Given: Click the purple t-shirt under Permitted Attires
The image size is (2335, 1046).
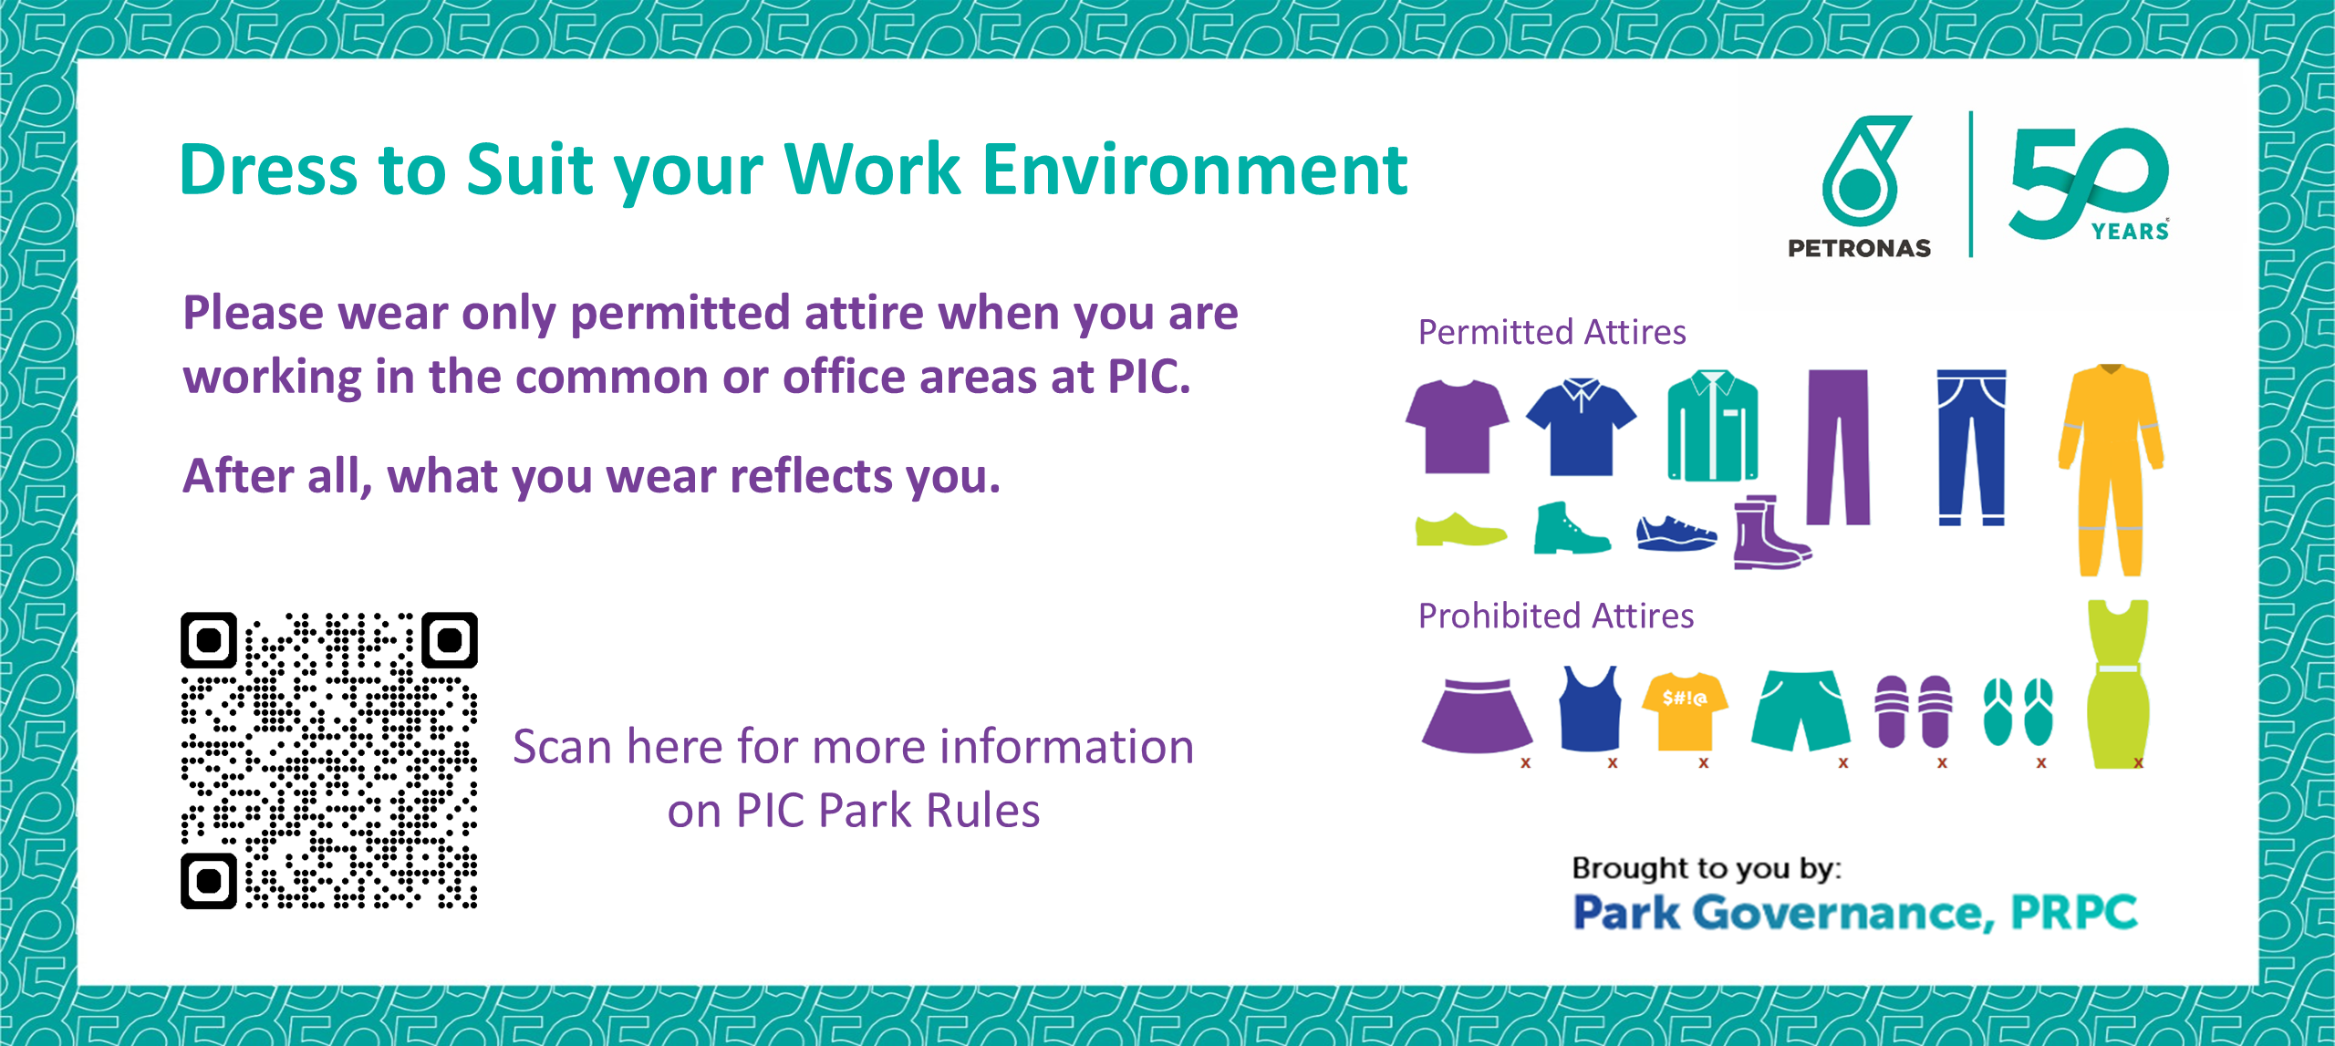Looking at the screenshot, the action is tap(1457, 427).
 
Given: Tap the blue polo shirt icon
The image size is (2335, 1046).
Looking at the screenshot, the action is tap(1582, 427).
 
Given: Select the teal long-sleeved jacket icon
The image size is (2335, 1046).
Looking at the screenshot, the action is tap(1713, 425).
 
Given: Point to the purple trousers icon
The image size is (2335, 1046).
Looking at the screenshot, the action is tap(1838, 447).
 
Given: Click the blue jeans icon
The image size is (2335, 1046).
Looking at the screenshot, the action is tap(1971, 447).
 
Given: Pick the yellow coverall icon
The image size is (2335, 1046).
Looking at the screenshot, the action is tap(2111, 470).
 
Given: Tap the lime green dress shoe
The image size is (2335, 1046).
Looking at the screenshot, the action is tap(1460, 530).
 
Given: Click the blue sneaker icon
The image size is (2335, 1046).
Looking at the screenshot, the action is tap(1676, 533).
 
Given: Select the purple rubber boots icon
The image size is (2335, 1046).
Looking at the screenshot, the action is tap(1770, 533).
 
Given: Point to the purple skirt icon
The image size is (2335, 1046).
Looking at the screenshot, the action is tap(1477, 716).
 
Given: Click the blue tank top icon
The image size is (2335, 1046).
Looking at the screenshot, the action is tap(1590, 709).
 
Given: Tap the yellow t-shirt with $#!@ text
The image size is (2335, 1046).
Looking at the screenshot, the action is tap(1685, 711).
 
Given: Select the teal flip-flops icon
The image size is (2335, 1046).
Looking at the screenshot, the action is tap(2018, 712).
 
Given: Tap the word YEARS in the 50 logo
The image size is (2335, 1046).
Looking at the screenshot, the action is tap(2130, 231).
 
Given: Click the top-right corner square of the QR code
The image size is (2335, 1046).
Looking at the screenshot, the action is tap(450, 640).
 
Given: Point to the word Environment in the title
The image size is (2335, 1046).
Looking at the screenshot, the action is tap(1196, 170).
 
